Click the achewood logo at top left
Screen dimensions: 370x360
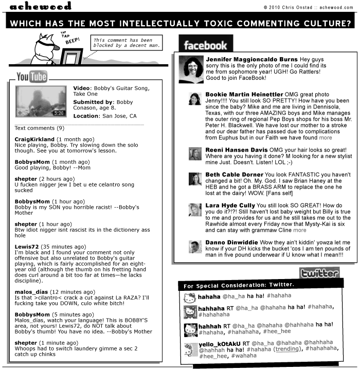[x=40, y=6]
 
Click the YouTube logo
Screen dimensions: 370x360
[x=32, y=78]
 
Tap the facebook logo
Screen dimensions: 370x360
[x=205, y=45]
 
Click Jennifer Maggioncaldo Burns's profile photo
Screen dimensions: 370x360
[x=191, y=69]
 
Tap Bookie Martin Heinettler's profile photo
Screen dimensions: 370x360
[x=194, y=99]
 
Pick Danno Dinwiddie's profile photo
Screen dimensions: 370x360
[x=194, y=247]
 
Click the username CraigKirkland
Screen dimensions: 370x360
[x=34, y=139]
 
